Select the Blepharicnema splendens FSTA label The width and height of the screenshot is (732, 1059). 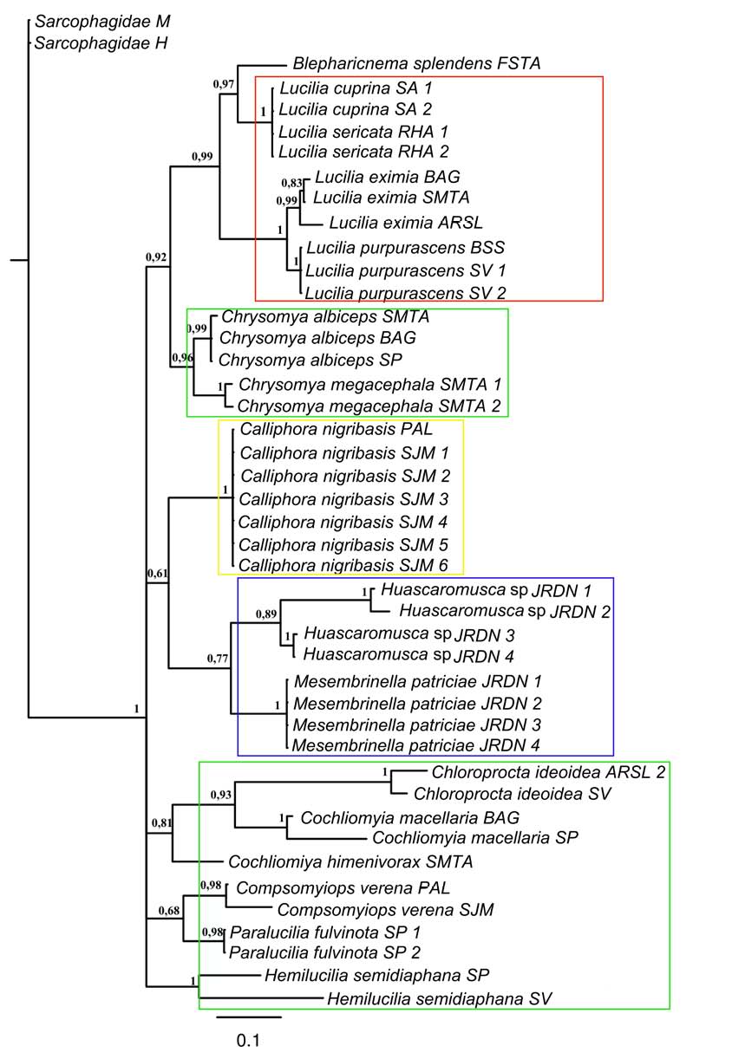click(417, 63)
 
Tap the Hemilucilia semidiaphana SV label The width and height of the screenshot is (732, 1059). click(440, 998)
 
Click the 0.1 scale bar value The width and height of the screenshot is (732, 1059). click(248, 1041)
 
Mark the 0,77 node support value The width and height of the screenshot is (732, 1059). click(220, 659)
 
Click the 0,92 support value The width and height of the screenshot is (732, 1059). click(157, 257)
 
